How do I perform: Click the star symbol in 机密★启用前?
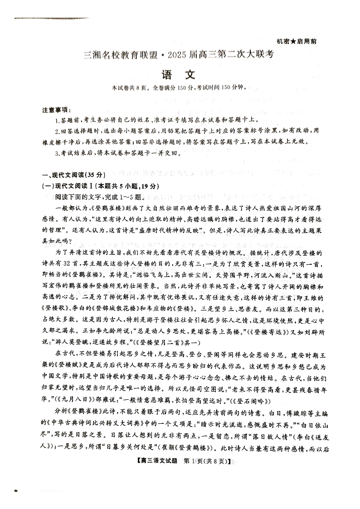pos(293,41)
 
